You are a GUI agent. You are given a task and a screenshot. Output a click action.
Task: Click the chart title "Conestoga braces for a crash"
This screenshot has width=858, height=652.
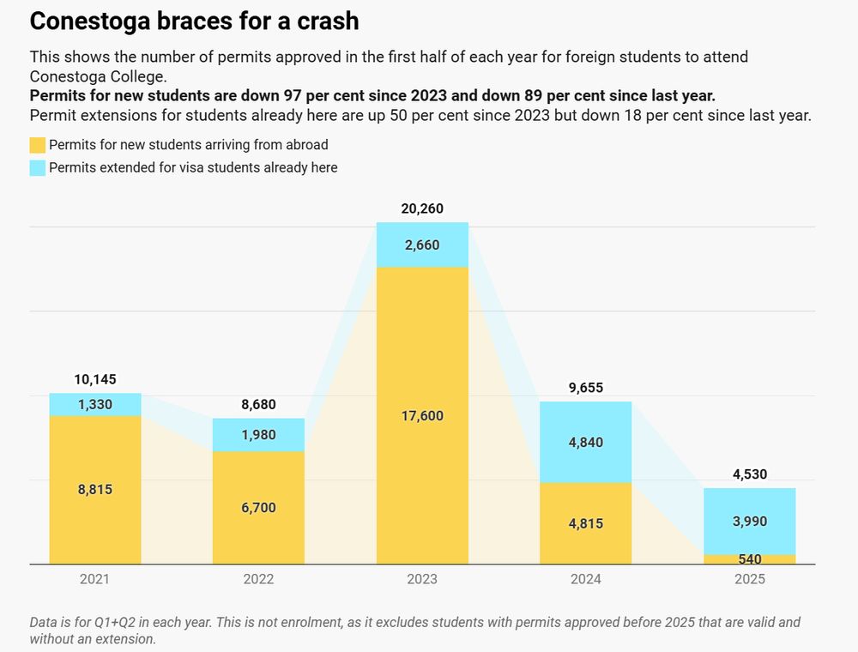tap(194, 21)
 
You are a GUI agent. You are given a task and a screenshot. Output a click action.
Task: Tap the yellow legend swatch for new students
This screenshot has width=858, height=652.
tap(37, 145)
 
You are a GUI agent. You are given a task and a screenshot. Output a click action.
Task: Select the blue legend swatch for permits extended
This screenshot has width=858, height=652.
tap(37, 168)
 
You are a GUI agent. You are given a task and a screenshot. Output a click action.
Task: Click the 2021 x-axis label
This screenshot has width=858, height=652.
tap(94, 579)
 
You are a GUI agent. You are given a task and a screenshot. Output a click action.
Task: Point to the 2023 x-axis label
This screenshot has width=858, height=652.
tap(422, 579)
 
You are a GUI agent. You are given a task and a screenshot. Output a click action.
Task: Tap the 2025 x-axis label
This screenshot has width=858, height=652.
tap(749, 579)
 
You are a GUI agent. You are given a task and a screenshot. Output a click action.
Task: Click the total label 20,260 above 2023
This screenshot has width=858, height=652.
tap(422, 208)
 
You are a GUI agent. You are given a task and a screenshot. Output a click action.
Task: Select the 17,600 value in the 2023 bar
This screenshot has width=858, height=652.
tap(422, 416)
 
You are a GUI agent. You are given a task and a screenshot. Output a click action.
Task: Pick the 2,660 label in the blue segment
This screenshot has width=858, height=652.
tap(422, 245)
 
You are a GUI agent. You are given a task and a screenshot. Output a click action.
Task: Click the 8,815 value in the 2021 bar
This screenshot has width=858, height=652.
tap(95, 490)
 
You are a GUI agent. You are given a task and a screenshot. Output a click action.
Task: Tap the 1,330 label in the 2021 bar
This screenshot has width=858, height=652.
tap(95, 405)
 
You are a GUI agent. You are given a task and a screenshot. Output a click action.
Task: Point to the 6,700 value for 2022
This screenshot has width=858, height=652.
tap(258, 508)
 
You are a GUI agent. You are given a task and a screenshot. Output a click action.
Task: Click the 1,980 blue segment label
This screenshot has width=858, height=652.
tap(258, 435)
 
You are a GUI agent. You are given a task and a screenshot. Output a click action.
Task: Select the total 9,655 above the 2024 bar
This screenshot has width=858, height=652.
tap(586, 388)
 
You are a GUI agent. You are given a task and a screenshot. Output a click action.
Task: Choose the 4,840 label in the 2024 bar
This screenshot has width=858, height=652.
tap(586, 443)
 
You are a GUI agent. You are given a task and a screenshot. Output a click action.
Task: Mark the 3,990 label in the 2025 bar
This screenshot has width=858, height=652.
tap(749, 522)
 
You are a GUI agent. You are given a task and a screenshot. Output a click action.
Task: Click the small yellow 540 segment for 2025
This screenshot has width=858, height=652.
tap(749, 559)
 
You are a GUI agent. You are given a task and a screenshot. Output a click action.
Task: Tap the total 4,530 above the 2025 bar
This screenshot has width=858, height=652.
tap(749, 474)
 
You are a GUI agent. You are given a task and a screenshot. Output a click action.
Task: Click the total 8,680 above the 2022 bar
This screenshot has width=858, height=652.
tap(258, 404)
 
